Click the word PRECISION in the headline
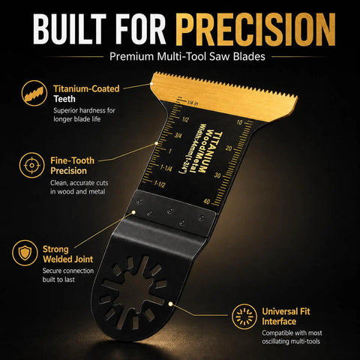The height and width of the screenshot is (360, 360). click(255, 29)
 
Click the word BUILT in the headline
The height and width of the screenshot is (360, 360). click(70, 29)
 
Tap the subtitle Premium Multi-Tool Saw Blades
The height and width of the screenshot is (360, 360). click(187, 56)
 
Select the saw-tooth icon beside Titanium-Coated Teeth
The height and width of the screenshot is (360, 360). click(34, 93)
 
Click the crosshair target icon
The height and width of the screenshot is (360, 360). click(31, 165)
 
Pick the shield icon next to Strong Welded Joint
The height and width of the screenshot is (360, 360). click(25, 253)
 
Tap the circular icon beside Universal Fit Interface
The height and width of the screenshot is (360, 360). click(244, 316)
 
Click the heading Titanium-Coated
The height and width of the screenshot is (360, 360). click(86, 88)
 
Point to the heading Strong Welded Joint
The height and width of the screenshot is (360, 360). click(67, 254)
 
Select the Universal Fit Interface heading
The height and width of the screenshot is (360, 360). click(286, 316)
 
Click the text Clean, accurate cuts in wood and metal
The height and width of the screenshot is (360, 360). click(79, 187)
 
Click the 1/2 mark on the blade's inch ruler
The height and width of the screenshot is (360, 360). click(185, 119)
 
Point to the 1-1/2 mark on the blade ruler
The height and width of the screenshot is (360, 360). click(159, 184)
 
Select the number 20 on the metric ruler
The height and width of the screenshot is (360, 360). click(229, 148)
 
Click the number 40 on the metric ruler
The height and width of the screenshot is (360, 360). click(207, 201)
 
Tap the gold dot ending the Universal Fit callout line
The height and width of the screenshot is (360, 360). click(170, 304)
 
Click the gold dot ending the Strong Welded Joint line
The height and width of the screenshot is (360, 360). click(133, 212)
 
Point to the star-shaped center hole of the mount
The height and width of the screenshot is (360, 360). click(133, 291)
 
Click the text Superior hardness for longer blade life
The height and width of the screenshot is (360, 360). click(84, 115)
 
